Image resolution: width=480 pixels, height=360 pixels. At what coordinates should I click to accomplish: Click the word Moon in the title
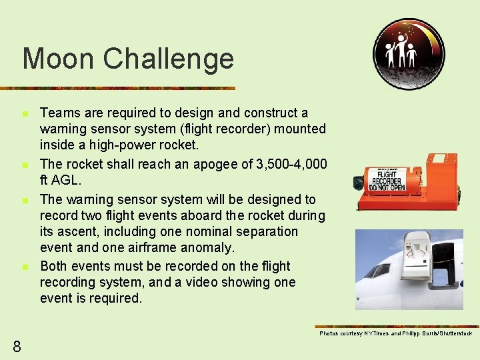pyautogui.click(x=57, y=59)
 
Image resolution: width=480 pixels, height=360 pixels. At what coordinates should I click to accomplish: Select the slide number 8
pyautogui.click(x=17, y=345)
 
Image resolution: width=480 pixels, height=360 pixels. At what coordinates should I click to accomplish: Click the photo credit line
pyautogui.click(x=395, y=333)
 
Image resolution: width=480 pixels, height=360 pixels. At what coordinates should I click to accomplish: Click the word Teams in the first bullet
pyautogui.click(x=58, y=113)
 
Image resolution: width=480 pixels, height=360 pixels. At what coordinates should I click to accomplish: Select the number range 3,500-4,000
pyautogui.click(x=292, y=164)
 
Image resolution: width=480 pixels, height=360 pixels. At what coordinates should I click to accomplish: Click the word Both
pyautogui.click(x=53, y=266)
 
